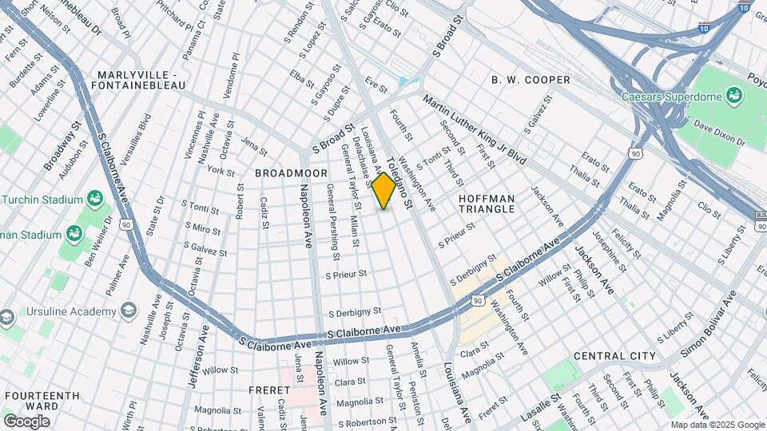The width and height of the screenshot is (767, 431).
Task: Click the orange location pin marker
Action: pyautogui.click(x=384, y=189)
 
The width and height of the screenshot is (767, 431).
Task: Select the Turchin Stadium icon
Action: pyautogui.click(x=95, y=197)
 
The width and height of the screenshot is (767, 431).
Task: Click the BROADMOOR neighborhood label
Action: pyautogui.click(x=280, y=172)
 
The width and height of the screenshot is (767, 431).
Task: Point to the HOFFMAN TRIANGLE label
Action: pyautogui.click(x=487, y=203)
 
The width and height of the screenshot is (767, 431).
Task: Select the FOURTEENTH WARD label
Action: pyautogui.click(x=42, y=400)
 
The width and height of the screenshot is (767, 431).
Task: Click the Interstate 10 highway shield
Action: pyautogui.click(x=744, y=9)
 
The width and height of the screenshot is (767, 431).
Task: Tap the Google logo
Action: pyautogui.click(x=27, y=421)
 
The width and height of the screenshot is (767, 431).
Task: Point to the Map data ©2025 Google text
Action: pyautogui.click(x=717, y=425)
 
